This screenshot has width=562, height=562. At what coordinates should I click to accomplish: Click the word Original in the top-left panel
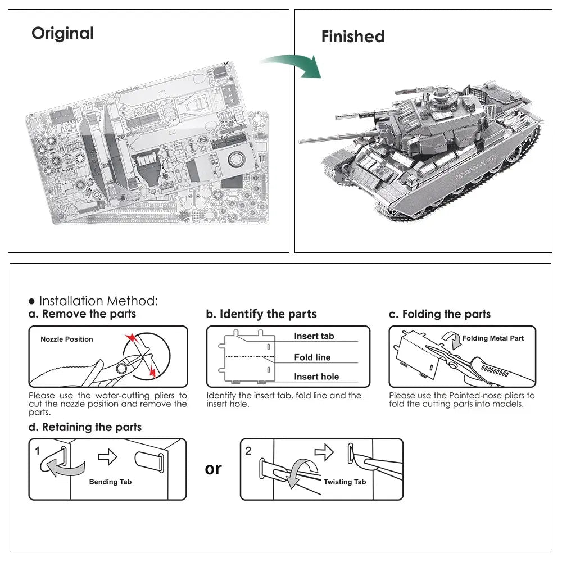pos(62,33)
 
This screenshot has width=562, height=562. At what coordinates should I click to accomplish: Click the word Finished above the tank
pos(353,37)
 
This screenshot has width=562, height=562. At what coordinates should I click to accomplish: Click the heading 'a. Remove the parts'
pos(83,314)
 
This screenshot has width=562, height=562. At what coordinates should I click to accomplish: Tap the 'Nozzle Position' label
pos(67,339)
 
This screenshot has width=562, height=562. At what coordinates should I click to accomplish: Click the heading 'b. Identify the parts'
pos(261,314)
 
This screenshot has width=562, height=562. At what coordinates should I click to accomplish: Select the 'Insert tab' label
pos(314,336)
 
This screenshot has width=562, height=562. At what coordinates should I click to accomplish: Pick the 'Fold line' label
pos(312,357)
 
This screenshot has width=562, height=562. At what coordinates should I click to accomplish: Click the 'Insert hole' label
pos(316,377)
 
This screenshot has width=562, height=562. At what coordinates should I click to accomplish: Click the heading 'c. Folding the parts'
pos(439,314)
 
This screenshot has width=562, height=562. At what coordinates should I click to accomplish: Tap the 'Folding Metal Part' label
pos(493,338)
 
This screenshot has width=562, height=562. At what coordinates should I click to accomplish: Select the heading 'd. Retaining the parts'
pos(85,427)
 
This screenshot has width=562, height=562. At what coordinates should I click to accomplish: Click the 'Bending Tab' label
pos(110,482)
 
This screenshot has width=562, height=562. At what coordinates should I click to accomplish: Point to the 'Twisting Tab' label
pos(345,482)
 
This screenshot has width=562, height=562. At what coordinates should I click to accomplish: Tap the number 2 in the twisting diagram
pos(248,451)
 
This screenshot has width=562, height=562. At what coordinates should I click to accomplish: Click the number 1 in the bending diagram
pos(37,451)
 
